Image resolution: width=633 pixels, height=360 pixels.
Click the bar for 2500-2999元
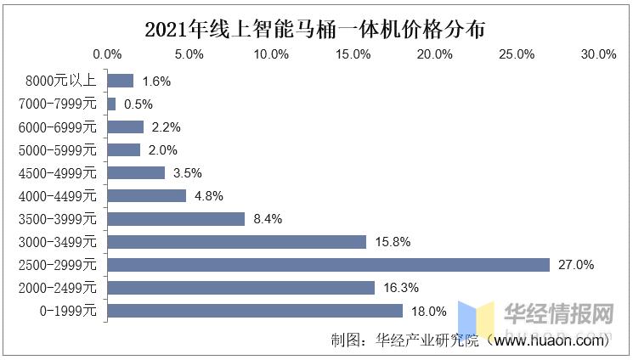[x=329, y=265]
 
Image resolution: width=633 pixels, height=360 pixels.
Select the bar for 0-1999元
[x=255, y=311]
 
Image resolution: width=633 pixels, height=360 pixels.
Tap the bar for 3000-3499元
[x=237, y=242]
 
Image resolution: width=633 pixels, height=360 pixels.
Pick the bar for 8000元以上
[x=120, y=82]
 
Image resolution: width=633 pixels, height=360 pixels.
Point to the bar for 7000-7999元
[x=111, y=104]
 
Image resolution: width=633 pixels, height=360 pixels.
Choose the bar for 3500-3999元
[x=176, y=219]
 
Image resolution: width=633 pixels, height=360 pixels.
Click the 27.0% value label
[x=575, y=265]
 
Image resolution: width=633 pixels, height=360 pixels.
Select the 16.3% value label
[x=401, y=288]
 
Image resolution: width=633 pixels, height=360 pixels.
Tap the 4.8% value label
[x=209, y=196]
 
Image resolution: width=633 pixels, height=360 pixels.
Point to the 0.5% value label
[x=138, y=104]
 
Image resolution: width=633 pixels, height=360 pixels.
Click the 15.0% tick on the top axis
[x=353, y=54]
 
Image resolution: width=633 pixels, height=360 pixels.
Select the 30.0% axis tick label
[x=598, y=54]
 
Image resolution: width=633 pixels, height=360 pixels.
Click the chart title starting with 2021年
[x=315, y=29]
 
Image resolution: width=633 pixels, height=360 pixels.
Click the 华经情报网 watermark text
[x=558, y=313]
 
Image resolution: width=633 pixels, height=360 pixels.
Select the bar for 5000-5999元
[x=123, y=150]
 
